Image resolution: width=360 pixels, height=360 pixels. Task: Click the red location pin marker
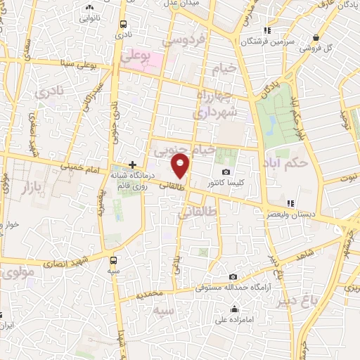[181, 166]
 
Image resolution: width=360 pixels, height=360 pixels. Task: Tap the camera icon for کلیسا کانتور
[226, 172]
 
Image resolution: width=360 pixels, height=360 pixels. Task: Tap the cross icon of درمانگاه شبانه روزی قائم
[132, 164]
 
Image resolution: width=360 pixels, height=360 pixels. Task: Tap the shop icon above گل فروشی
[318, 36]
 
